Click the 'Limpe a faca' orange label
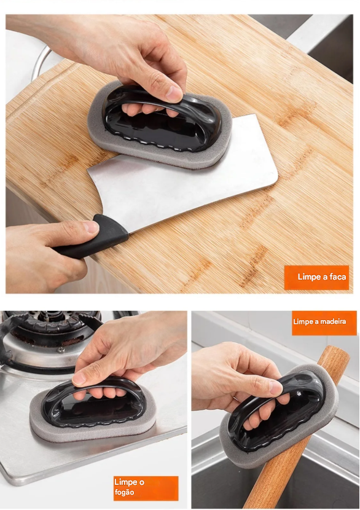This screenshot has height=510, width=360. pos(316,277)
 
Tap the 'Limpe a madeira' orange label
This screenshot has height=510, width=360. pos(324,323)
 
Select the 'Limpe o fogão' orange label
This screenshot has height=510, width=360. pos(146,488)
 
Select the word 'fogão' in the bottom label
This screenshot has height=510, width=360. pos(124,493)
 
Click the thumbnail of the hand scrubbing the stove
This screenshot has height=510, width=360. pos(79,379)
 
